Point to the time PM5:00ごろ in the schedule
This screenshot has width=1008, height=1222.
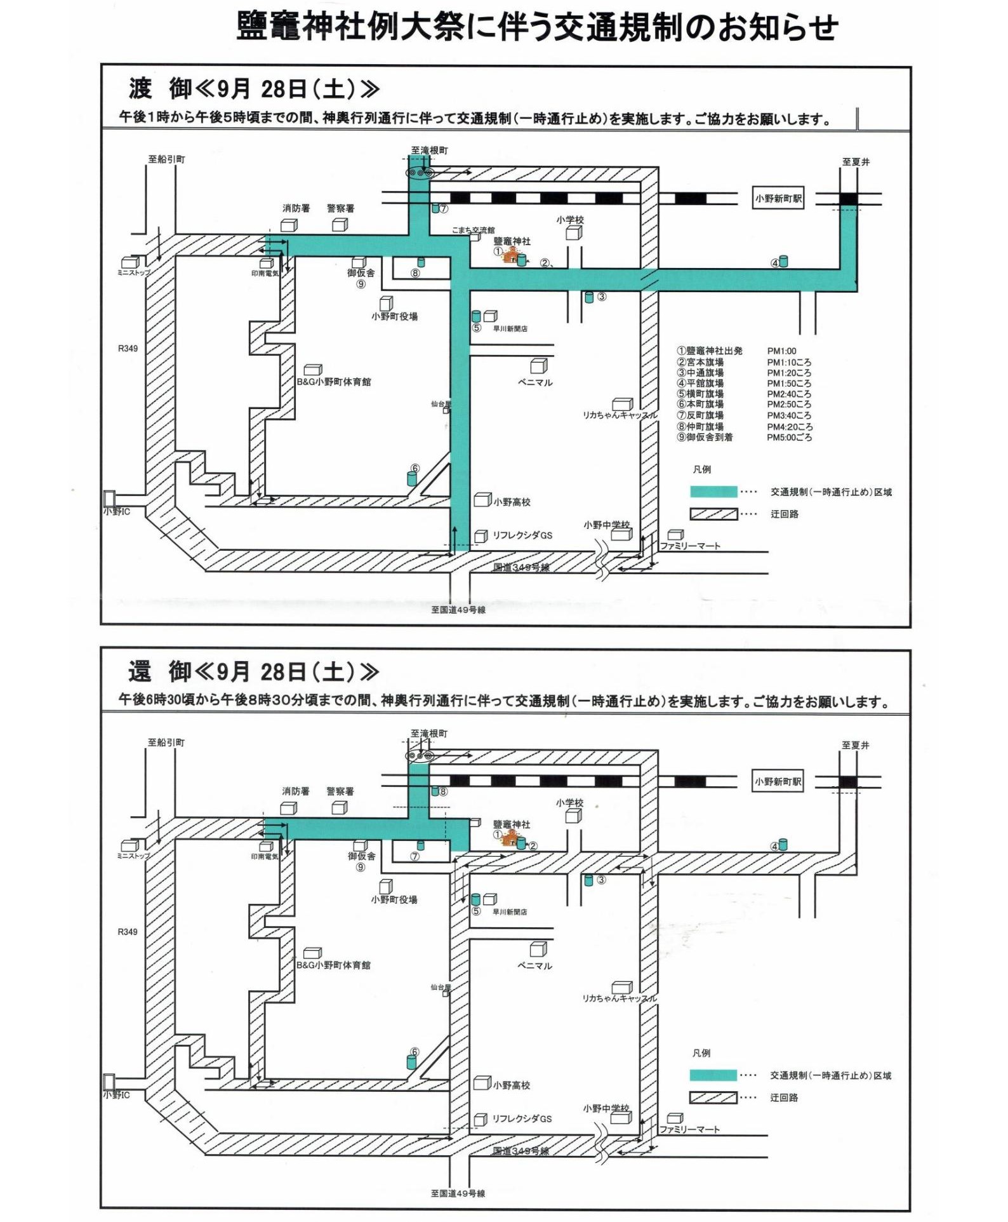(788, 437)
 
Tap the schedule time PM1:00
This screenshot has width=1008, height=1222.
(781, 351)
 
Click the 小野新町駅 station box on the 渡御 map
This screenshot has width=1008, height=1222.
(778, 198)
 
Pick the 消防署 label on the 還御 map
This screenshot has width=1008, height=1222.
(296, 791)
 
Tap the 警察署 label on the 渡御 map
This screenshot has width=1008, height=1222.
(340, 208)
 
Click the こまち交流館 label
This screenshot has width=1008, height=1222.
(473, 230)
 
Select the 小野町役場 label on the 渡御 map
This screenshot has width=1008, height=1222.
(394, 316)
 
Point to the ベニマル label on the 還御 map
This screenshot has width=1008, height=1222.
(534, 965)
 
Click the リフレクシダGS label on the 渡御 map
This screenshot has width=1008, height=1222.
(522, 535)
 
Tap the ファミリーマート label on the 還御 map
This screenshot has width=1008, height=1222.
(689, 1129)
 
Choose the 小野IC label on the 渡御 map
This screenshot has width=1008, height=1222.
(117, 511)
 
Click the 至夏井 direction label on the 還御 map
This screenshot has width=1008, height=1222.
(855, 745)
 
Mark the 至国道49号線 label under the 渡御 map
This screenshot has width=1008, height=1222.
(458, 610)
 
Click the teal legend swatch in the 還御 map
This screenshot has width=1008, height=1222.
(713, 1075)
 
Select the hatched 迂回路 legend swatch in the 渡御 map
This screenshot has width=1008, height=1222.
(713, 514)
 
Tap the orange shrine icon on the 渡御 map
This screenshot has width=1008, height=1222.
(510, 255)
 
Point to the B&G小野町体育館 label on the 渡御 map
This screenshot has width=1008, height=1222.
(334, 382)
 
